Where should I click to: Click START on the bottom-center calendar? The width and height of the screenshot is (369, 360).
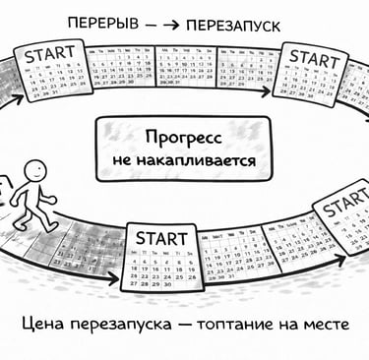point(160,238)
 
